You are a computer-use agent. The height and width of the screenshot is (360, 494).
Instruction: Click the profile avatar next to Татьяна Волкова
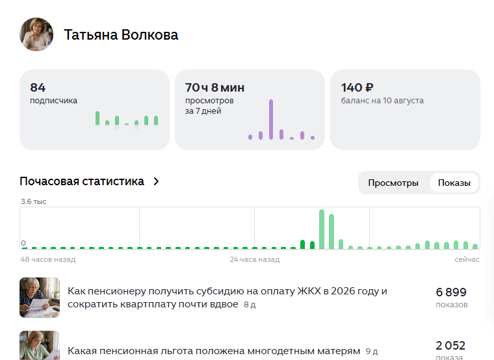click(36, 34)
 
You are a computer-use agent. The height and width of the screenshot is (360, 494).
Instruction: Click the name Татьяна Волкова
click(121, 34)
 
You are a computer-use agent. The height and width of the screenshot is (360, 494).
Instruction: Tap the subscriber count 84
click(38, 87)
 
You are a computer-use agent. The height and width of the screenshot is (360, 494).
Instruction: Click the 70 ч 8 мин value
click(214, 87)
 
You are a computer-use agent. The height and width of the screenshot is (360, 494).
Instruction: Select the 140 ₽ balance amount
click(357, 87)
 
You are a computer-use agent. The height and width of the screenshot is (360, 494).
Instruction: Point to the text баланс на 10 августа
click(382, 101)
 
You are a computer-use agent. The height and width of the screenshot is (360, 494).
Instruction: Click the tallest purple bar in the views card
click(271, 120)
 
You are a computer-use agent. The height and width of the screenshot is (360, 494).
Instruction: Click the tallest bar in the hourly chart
click(322, 229)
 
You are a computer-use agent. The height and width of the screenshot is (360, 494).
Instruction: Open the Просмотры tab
click(393, 183)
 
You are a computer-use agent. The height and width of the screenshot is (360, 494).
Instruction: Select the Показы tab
click(454, 183)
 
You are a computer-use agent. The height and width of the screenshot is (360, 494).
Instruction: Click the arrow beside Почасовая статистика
click(156, 181)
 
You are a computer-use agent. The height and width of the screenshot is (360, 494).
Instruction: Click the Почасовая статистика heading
click(82, 181)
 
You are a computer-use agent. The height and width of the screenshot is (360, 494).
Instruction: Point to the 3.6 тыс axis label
click(34, 201)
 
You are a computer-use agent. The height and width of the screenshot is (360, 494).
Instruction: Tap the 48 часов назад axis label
click(48, 259)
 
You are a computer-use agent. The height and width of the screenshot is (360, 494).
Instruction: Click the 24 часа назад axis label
click(255, 259)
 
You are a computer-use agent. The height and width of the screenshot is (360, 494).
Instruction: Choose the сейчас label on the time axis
click(467, 259)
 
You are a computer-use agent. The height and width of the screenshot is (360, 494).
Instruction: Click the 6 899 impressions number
click(451, 292)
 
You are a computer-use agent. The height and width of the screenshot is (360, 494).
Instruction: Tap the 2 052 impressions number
click(450, 346)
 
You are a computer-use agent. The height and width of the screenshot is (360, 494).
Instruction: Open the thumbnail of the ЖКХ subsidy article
click(40, 298)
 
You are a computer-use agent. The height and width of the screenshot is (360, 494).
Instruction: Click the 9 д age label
click(372, 351)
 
